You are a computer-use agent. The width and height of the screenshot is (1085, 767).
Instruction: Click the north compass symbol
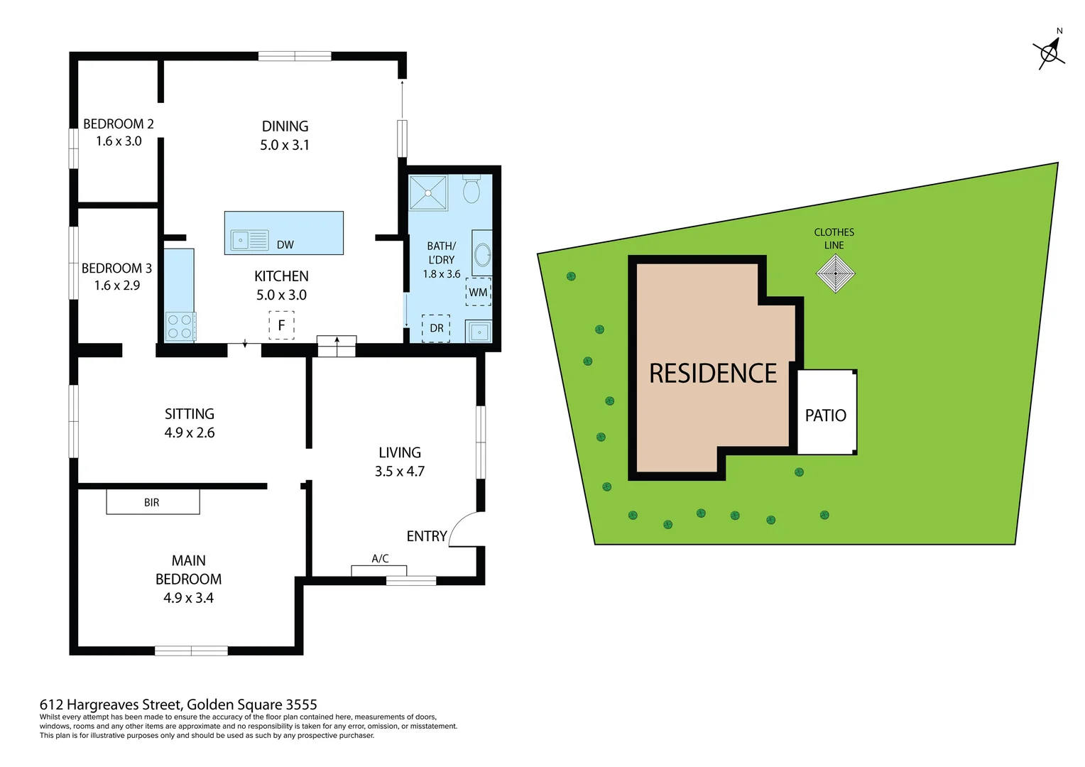1049,53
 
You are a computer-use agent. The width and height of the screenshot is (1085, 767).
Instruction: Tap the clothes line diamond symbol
835,273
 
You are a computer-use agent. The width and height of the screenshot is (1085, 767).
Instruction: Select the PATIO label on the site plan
825,415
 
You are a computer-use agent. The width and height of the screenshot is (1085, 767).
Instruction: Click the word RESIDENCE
713,374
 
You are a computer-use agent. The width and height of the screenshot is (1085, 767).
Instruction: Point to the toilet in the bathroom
471,190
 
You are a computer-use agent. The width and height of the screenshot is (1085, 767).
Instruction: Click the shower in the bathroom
429,192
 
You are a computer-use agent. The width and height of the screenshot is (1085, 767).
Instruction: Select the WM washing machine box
478,293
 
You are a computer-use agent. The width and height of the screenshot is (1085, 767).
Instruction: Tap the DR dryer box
436,328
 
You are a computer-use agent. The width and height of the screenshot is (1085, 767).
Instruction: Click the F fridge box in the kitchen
281,325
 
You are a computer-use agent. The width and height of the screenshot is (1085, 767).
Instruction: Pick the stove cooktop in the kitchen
180,327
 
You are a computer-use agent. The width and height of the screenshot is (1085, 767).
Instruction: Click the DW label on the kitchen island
285,245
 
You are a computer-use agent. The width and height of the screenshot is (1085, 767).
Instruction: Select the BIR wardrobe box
153,502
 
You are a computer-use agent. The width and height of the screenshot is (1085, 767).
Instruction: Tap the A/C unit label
380,559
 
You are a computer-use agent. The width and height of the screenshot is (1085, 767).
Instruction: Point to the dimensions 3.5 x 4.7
400,472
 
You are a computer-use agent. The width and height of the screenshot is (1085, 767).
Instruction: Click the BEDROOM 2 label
119,124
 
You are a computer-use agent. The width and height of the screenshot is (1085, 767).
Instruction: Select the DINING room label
285,126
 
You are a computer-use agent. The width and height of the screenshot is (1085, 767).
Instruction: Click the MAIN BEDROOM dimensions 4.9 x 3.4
188,598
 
